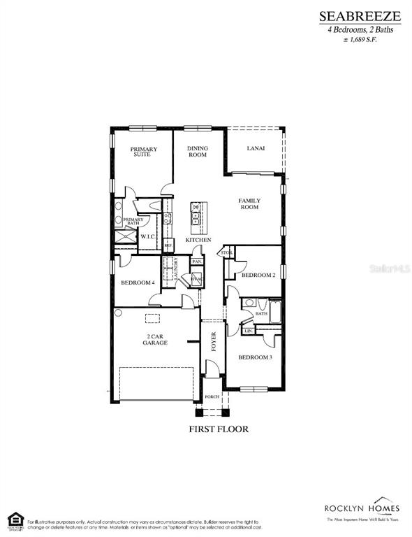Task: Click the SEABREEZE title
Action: pyautogui.click(x=360, y=15)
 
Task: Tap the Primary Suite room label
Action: pyautogui.click(x=143, y=152)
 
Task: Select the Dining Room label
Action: pyautogui.click(x=198, y=152)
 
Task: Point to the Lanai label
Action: pyautogui.click(x=256, y=148)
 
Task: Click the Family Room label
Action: pyautogui.click(x=249, y=204)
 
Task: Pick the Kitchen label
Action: pyautogui.click(x=198, y=240)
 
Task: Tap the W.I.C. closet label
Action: pyautogui.click(x=147, y=236)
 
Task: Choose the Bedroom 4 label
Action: pyautogui.click(x=137, y=282)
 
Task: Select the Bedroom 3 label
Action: pyautogui.click(x=255, y=357)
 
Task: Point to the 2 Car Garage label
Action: pyautogui.click(x=155, y=340)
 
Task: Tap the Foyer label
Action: pyautogui.click(x=215, y=342)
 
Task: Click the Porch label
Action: pyautogui.click(x=212, y=396)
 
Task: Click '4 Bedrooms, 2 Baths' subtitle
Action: pyautogui.click(x=360, y=29)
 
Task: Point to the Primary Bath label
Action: pyautogui.click(x=133, y=222)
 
